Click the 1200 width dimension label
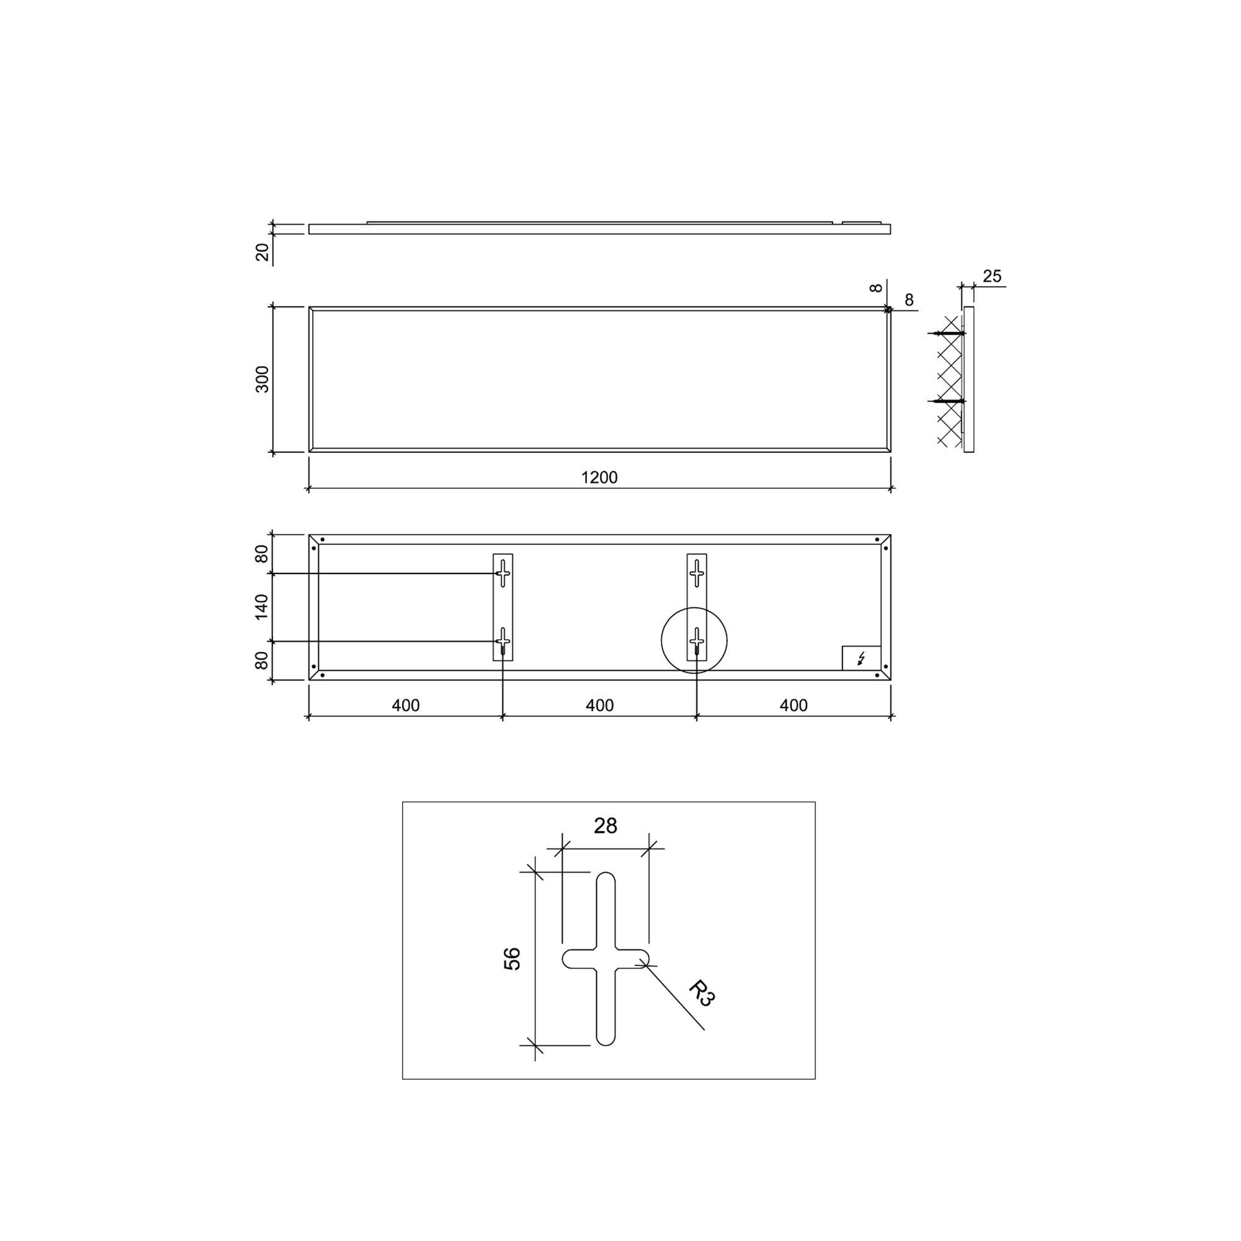tap(599, 477)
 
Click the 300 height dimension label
tap(262, 379)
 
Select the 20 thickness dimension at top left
tap(262, 252)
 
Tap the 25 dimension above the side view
tap(992, 276)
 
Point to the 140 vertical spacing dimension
tap(261, 607)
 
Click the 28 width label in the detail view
tap(605, 826)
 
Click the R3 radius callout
tap(701, 993)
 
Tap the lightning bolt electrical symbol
tap(861, 658)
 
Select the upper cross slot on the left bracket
tap(503, 571)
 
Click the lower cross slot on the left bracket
tap(503, 640)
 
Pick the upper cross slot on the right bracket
tap(697, 571)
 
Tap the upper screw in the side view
tap(948, 333)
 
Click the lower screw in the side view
tap(948, 401)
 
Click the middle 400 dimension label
tap(599, 706)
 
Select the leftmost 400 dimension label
tap(405, 706)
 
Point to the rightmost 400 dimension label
tap(793, 706)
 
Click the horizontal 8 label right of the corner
tap(909, 300)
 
